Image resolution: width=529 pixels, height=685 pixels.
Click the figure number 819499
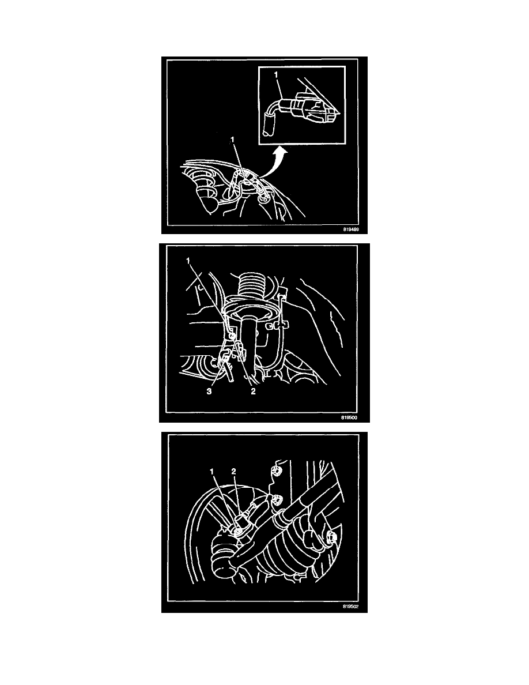(x=350, y=229)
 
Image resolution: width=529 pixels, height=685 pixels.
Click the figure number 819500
(x=349, y=417)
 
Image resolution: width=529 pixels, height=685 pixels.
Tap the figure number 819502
(x=350, y=607)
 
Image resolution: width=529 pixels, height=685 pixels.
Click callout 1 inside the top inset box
(x=276, y=75)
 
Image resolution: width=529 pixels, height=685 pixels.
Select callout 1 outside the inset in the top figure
(x=233, y=139)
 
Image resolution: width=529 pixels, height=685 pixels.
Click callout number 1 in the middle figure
(x=188, y=261)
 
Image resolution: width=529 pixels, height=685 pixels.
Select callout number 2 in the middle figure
(x=253, y=392)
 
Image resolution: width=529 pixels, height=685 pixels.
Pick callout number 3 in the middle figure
(x=209, y=392)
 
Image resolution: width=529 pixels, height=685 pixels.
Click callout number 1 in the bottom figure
(x=212, y=472)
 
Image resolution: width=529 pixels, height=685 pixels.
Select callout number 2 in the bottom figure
(x=233, y=472)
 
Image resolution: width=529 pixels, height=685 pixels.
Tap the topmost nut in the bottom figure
(x=276, y=471)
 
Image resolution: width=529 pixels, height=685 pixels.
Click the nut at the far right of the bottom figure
(x=331, y=536)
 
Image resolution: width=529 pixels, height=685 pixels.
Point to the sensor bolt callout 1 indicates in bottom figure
(x=237, y=531)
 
